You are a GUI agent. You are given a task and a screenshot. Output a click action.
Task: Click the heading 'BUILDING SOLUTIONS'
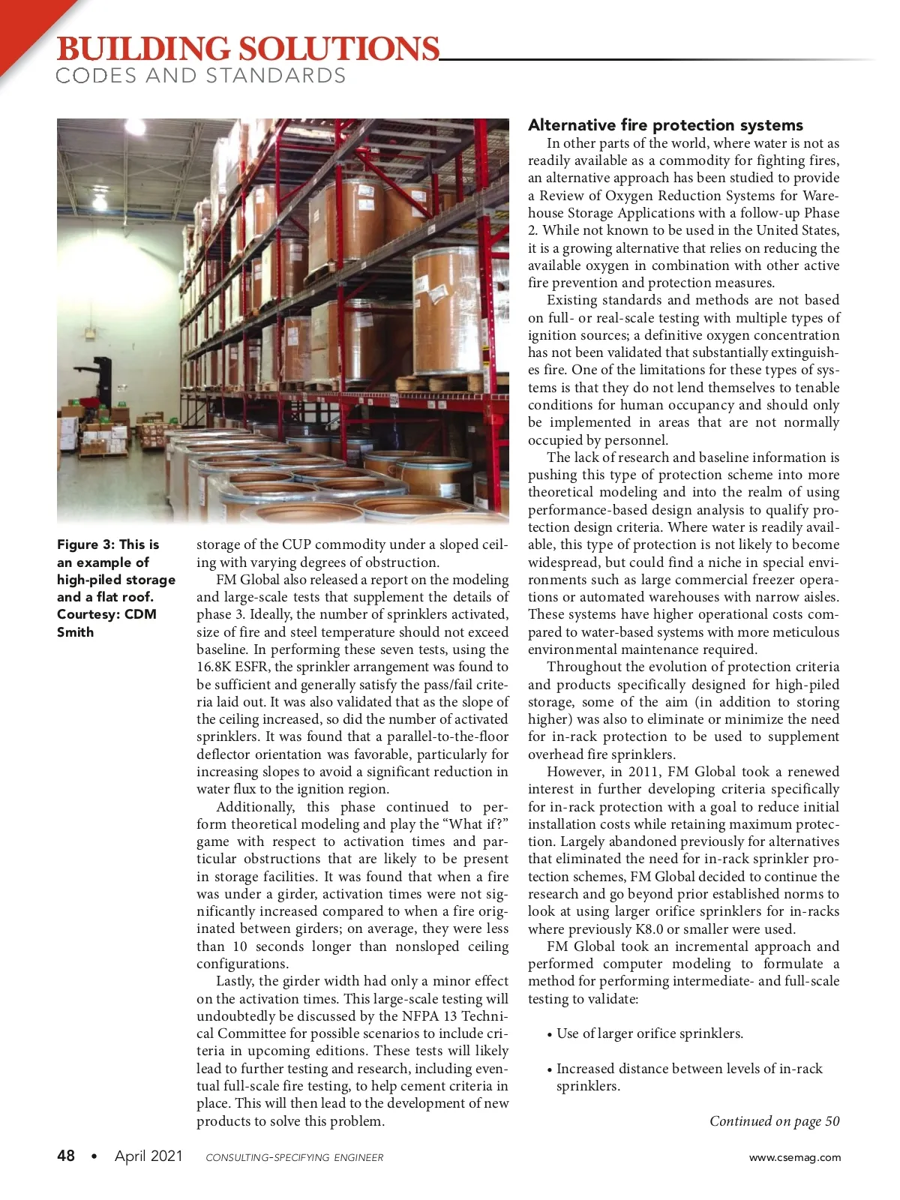pyautogui.click(x=247, y=49)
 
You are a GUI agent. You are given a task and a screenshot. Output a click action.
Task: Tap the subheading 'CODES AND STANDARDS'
pyautogui.click(x=201, y=76)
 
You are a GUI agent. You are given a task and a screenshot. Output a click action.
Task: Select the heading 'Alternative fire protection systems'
pyautogui.click(x=665, y=125)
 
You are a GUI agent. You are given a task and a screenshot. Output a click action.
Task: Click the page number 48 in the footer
pyautogui.click(x=66, y=1156)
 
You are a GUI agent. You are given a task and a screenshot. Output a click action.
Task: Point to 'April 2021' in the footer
pyautogui.click(x=148, y=1156)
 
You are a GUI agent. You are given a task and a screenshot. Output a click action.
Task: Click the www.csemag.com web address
pyautogui.click(x=795, y=1157)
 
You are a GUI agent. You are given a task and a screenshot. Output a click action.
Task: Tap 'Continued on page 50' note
pyautogui.click(x=774, y=1121)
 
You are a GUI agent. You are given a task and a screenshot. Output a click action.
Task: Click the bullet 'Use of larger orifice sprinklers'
pyautogui.click(x=649, y=1033)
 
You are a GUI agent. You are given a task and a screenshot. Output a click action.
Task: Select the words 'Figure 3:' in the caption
pyautogui.click(x=85, y=544)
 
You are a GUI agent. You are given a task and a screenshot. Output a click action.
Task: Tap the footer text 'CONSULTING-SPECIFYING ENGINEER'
pyautogui.click(x=294, y=1157)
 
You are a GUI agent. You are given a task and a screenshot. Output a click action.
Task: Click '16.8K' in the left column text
pyautogui.click(x=214, y=667)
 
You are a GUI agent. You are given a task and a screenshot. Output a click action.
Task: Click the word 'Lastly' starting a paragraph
pyautogui.click(x=235, y=981)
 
